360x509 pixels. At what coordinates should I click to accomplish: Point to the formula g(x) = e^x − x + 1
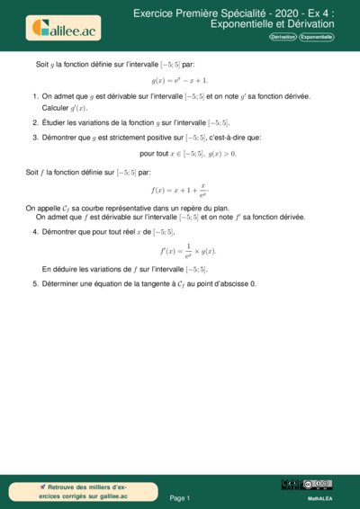[181, 80]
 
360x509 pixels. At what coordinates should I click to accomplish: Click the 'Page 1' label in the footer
[180, 497]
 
